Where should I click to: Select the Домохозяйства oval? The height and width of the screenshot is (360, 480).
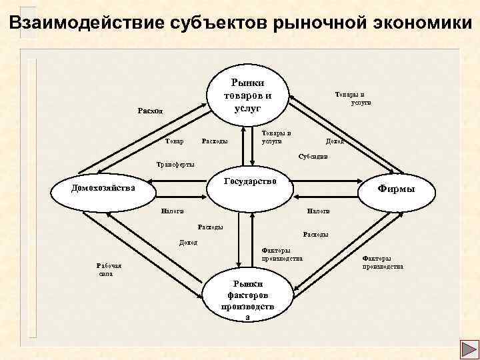(x=103, y=188)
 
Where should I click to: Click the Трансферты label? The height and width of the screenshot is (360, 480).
(x=175, y=163)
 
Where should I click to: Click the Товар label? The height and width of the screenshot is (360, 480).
(x=175, y=141)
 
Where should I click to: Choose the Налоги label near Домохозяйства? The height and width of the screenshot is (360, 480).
(x=172, y=211)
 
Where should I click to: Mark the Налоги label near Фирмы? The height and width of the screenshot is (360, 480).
(x=318, y=211)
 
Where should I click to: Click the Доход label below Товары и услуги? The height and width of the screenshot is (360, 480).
(x=334, y=141)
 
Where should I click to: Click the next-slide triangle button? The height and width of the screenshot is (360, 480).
(x=466, y=347)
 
